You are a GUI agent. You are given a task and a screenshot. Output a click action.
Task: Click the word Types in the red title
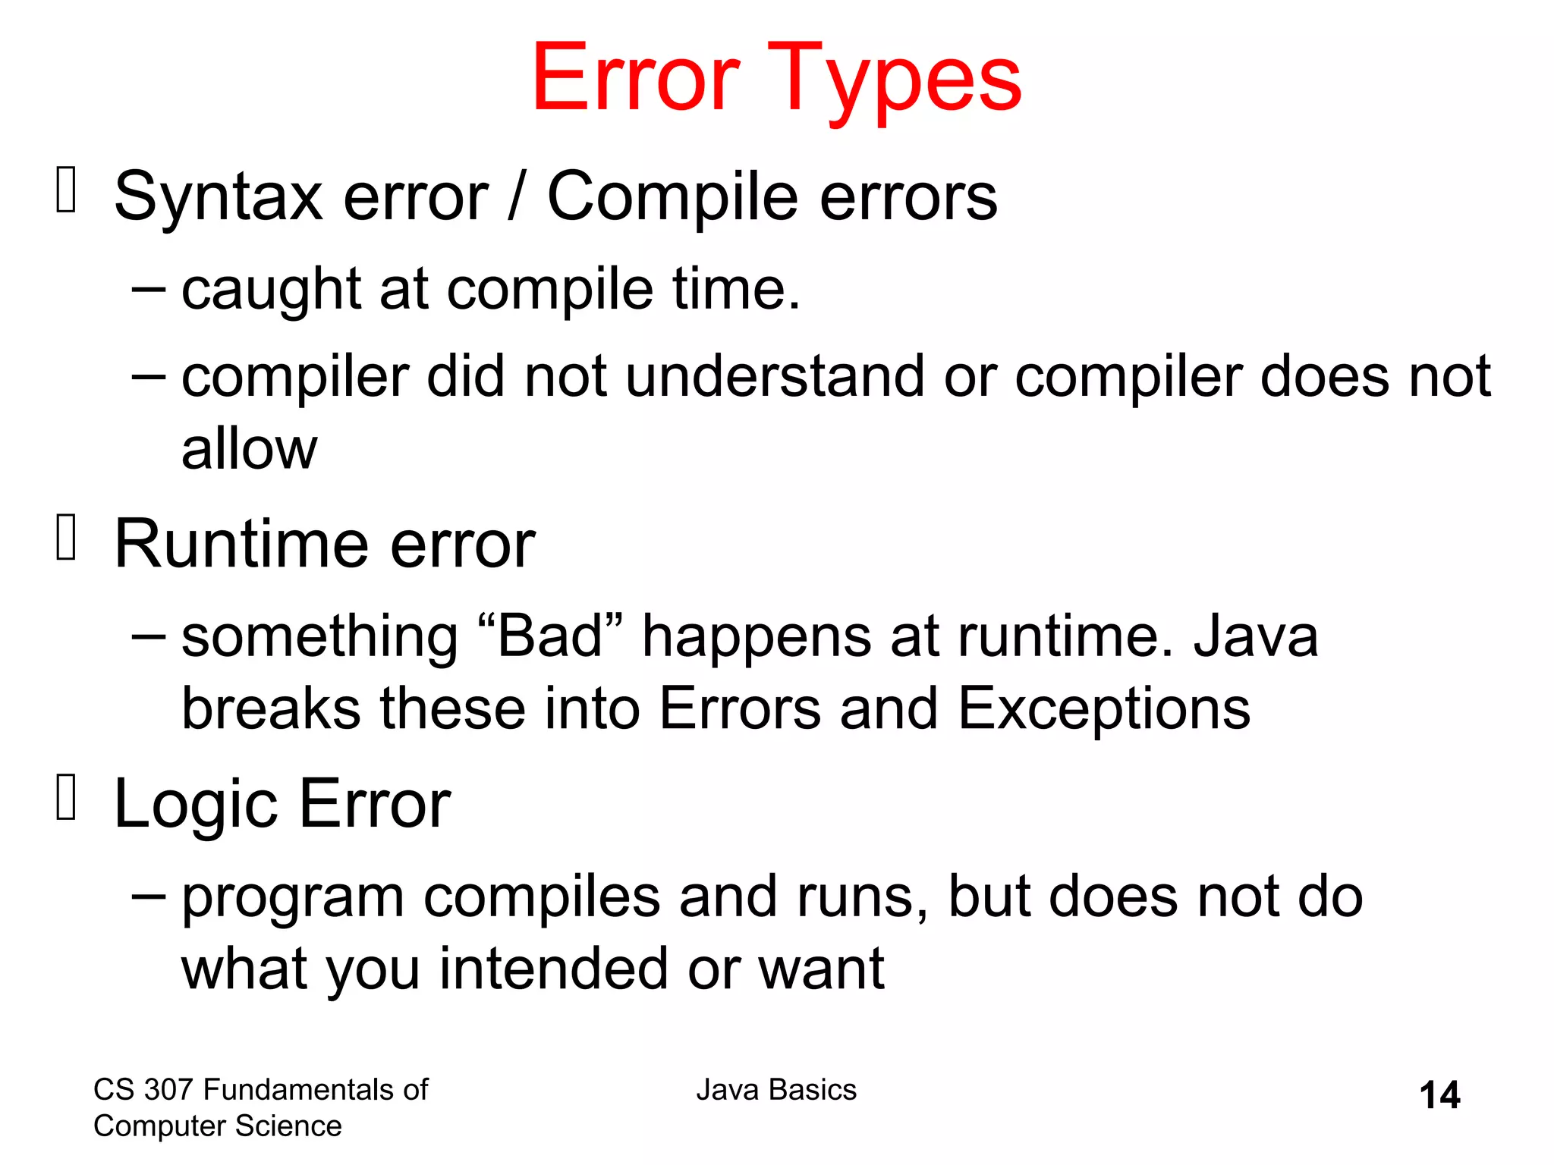[x=895, y=80]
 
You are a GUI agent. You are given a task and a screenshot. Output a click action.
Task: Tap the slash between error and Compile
[x=517, y=197]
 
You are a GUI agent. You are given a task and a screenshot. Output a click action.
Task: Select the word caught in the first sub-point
[x=270, y=290]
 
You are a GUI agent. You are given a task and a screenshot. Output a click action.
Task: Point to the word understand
[x=775, y=376]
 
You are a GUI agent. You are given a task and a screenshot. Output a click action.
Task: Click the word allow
[x=249, y=449]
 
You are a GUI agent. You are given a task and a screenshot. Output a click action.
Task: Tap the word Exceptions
[x=1104, y=708]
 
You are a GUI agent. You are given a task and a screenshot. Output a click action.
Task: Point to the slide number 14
[x=1439, y=1095]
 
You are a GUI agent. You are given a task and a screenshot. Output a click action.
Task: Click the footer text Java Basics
[x=776, y=1090]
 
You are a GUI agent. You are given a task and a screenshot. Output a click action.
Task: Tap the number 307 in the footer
[x=169, y=1090]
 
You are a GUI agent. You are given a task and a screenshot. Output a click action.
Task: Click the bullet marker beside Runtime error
[x=67, y=538]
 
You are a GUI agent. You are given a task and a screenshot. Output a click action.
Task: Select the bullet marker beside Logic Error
[x=67, y=798]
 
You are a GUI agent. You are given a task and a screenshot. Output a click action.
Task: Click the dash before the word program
[x=148, y=896]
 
